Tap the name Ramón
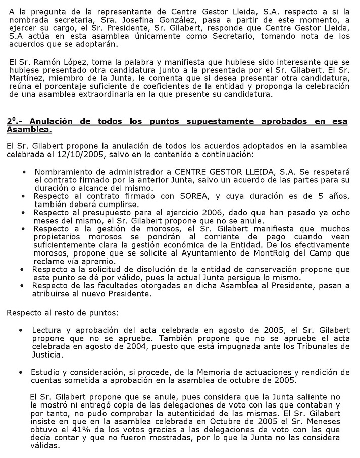coord(42,62)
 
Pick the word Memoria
coord(195,372)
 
